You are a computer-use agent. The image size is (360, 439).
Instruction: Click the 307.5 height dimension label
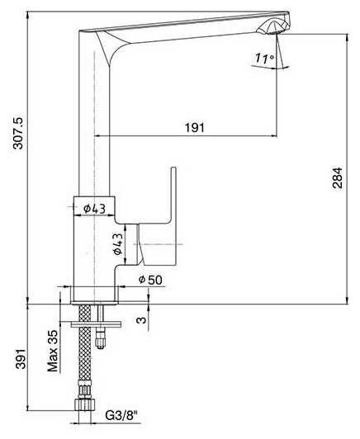(19, 133)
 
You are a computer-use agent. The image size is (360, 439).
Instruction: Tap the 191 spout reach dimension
(195, 128)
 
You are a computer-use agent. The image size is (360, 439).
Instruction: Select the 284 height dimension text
(338, 177)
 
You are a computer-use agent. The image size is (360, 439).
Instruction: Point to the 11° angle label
(264, 59)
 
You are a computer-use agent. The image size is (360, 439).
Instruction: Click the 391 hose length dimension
(20, 359)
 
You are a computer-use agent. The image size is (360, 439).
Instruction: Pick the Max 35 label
(52, 351)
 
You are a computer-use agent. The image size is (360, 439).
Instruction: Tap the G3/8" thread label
(122, 416)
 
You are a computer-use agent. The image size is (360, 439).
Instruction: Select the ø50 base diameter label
(150, 280)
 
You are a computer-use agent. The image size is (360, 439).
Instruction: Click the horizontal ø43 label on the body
(94, 208)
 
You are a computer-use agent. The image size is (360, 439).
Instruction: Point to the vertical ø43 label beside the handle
(118, 244)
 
